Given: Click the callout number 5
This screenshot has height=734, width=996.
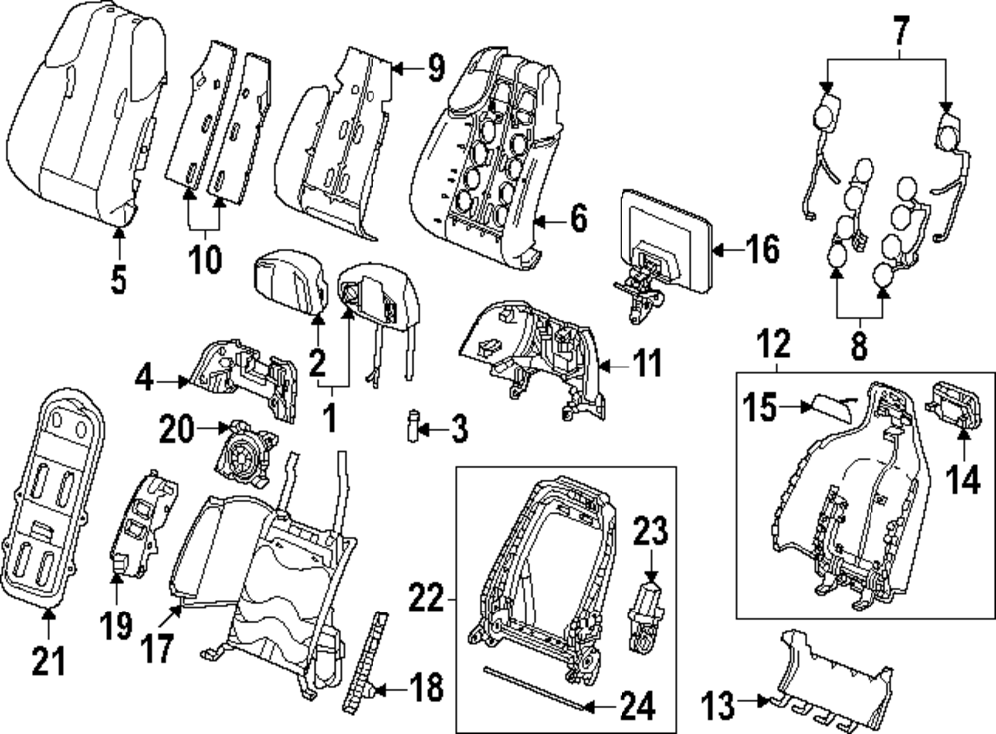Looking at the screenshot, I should pos(119,279).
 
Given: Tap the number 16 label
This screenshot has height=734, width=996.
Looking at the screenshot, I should pos(762,249).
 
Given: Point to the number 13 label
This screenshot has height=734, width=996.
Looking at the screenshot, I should pos(721,707).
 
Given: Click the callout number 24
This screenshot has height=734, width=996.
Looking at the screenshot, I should pos(636,707).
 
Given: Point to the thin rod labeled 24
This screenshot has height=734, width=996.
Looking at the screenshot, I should pos(533,686).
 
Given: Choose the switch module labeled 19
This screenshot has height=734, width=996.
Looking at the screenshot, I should pos(141,523).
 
